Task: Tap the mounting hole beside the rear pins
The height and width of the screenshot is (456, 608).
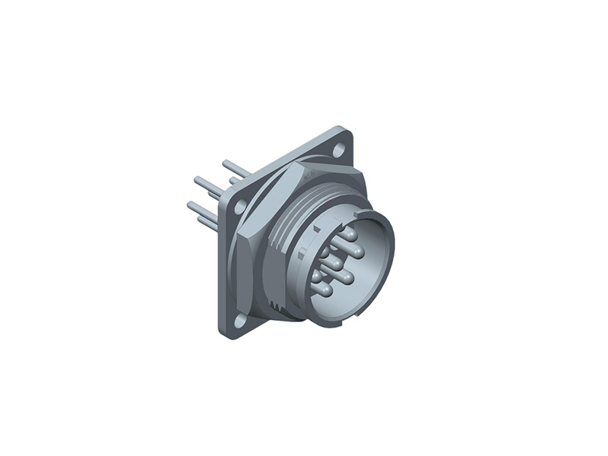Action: click(239, 206)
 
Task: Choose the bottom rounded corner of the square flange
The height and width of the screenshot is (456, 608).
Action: click(228, 333)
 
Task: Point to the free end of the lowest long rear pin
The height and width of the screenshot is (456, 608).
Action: click(191, 205)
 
